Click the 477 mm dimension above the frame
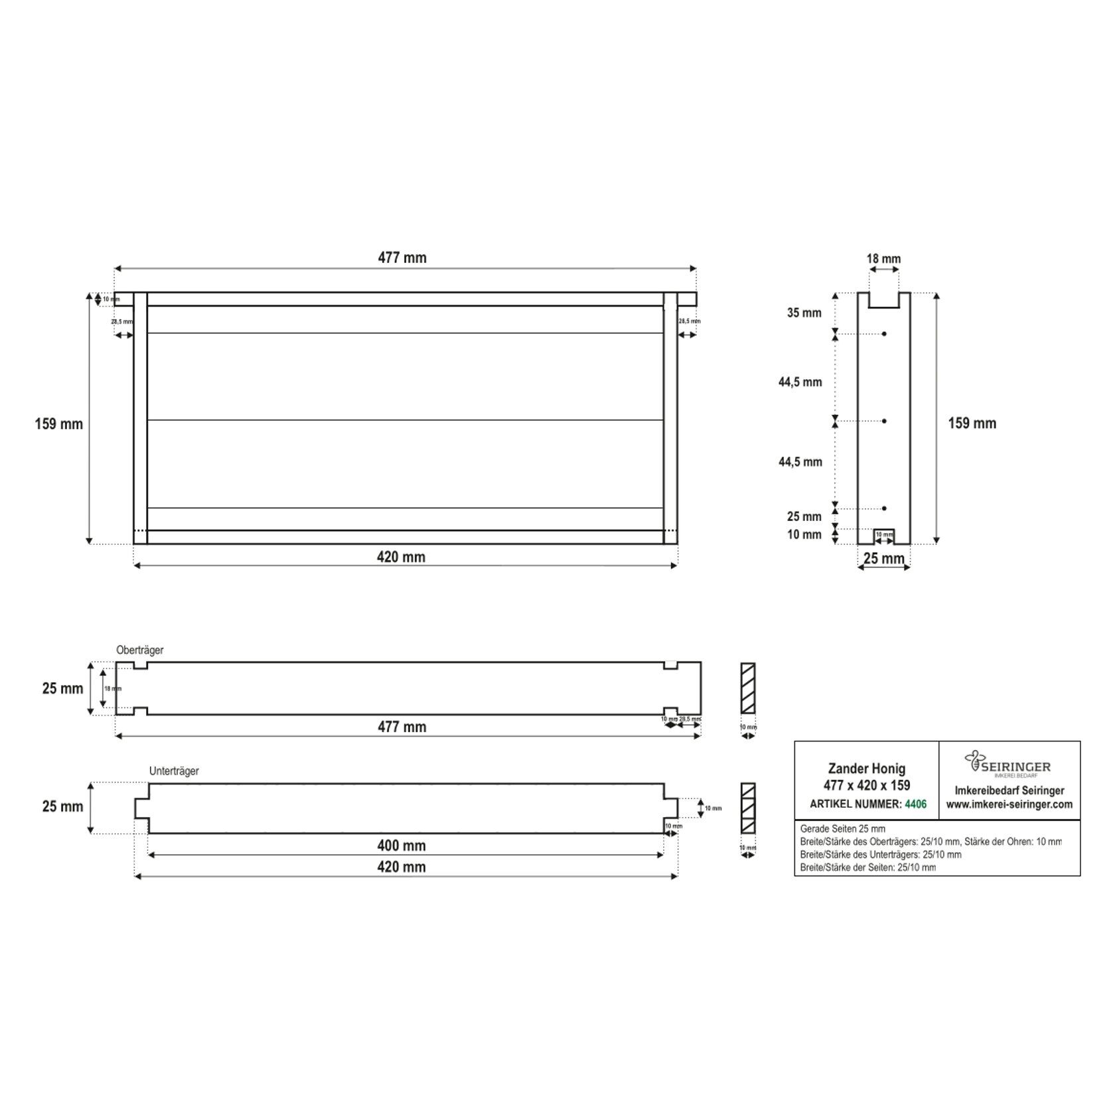point(402,258)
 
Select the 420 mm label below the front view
point(401,557)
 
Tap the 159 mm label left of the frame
point(59,423)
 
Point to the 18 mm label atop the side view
point(883,259)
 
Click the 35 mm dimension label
point(804,313)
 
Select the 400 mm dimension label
point(402,846)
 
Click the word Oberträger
point(139,650)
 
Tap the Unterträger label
point(174,771)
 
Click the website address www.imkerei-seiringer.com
point(1009,804)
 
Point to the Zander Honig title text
point(866,769)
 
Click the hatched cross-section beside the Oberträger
point(748,688)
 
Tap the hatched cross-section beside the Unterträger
point(748,808)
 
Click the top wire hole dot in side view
point(884,334)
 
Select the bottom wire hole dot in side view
point(884,508)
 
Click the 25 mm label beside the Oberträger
point(62,688)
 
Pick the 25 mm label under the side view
point(883,558)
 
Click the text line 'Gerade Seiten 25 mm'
point(842,829)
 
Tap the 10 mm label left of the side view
point(804,534)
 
